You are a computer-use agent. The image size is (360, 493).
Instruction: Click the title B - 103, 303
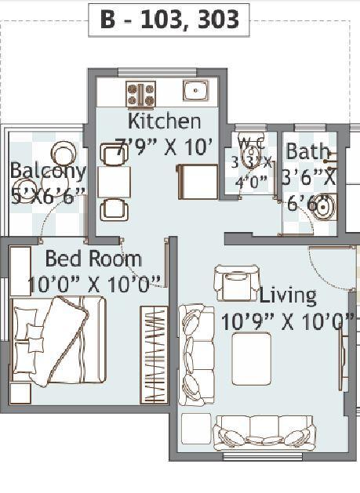[169, 20]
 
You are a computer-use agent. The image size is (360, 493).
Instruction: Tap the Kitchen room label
[164, 121]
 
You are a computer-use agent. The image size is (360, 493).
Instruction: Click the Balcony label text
[47, 171]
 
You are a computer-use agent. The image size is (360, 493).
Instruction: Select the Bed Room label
[93, 259]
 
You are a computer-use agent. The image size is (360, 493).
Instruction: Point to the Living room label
[288, 295]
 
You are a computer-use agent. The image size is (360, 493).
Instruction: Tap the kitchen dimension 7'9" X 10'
[164, 147]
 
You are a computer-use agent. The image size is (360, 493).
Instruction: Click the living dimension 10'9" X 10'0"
[287, 321]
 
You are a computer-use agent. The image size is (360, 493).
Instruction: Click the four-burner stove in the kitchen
[141, 93]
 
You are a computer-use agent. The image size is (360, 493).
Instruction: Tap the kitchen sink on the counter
[195, 89]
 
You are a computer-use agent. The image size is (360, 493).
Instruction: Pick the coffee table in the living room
[251, 357]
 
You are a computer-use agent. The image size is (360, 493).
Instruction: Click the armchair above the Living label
[236, 283]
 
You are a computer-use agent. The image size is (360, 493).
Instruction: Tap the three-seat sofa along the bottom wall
[265, 433]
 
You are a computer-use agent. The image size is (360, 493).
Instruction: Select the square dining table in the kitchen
[115, 183]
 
